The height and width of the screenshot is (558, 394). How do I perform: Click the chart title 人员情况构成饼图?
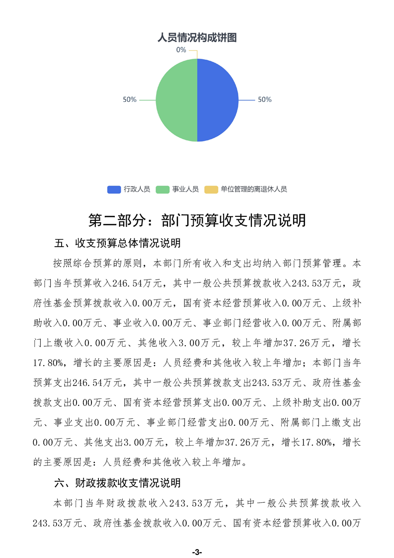[x=196, y=37]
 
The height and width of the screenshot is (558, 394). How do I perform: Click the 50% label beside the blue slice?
[x=264, y=99]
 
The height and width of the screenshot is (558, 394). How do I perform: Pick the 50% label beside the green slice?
[x=130, y=99]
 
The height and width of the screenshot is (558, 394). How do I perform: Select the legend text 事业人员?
[x=185, y=189]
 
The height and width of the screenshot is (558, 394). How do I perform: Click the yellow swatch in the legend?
[x=211, y=189]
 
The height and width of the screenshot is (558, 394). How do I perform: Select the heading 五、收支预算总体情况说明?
[x=117, y=244]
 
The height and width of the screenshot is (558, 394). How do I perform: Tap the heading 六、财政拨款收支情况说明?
[x=117, y=483]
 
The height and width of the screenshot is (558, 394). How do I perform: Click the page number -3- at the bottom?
[x=197, y=552]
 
